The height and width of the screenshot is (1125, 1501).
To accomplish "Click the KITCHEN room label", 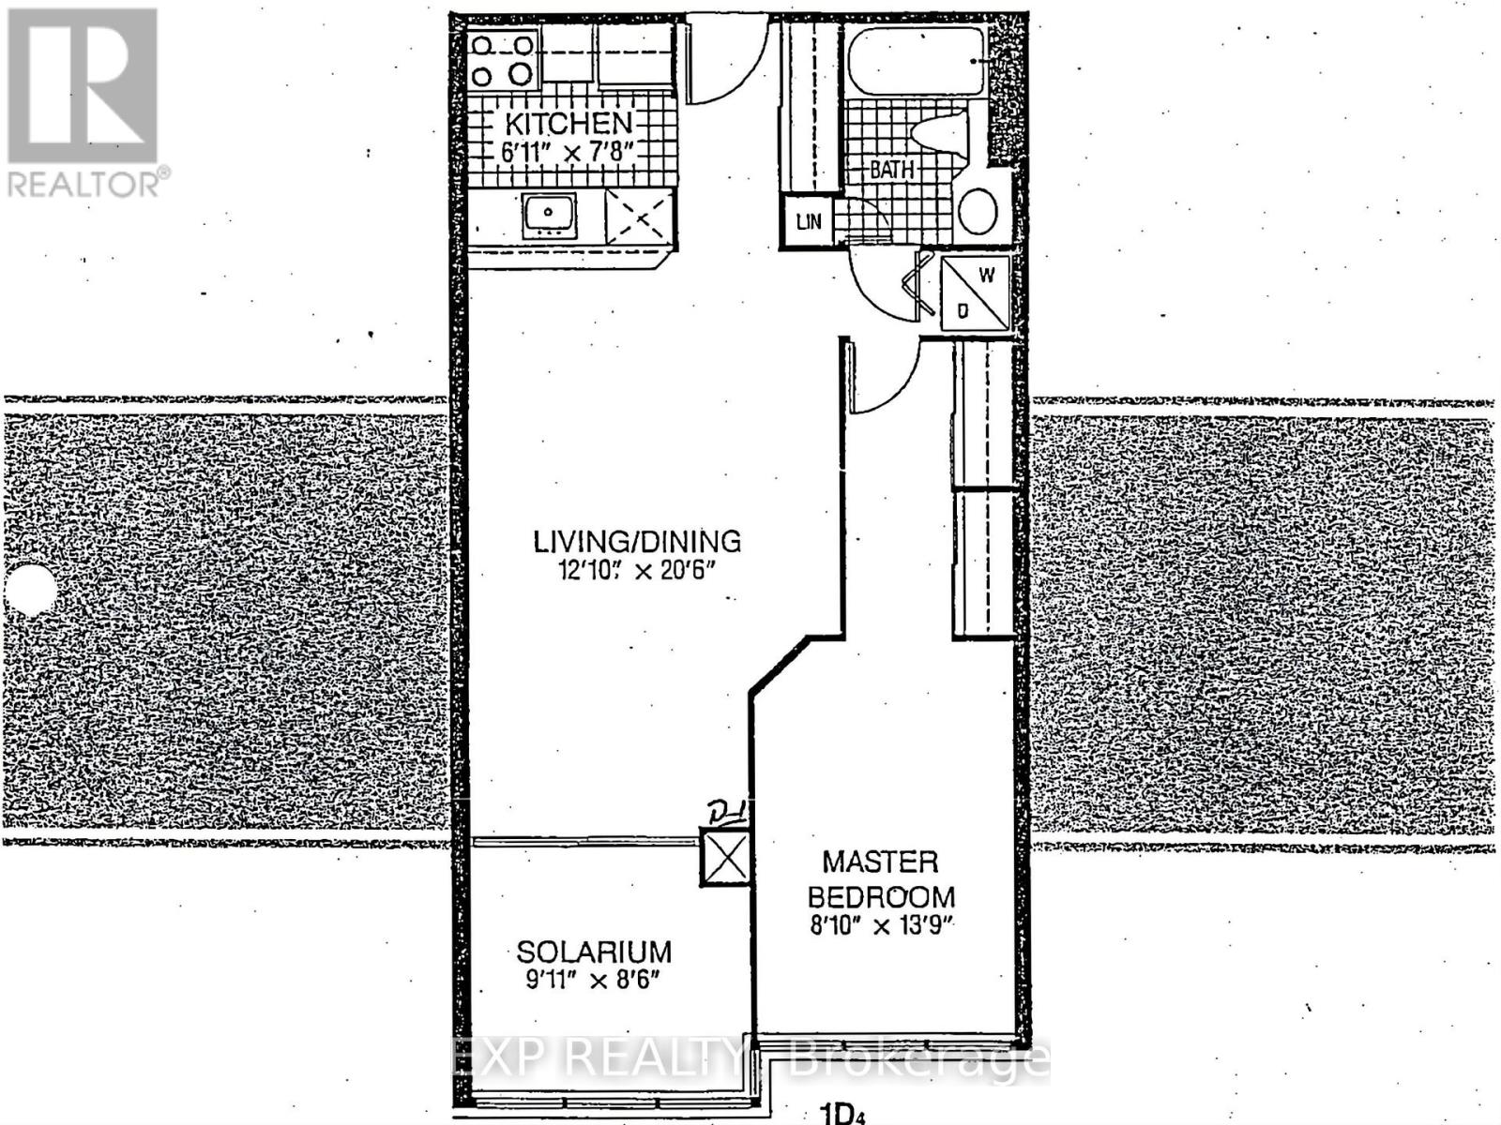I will click(x=569, y=123).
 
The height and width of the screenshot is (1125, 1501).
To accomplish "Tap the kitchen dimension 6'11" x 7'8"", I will click(x=569, y=152).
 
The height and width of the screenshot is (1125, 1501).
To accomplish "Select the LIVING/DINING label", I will click(x=637, y=541).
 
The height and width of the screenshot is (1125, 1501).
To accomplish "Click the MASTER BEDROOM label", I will click(x=880, y=878).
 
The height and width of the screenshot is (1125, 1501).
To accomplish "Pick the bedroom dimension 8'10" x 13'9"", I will click(x=880, y=925).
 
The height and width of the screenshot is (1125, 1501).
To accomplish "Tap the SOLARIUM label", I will click(x=594, y=952).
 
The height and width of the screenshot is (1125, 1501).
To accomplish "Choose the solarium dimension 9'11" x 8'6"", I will click(x=594, y=981).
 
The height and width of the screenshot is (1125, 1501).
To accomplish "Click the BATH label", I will click(x=891, y=170).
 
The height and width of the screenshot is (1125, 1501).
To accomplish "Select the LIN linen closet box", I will click(x=808, y=222).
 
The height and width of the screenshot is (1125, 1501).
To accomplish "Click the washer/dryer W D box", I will click(x=975, y=292).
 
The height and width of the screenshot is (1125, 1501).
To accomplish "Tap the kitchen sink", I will click(x=549, y=214).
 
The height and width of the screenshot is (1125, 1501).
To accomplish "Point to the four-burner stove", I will click(x=503, y=59).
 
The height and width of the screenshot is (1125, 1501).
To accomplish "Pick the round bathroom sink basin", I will click(x=978, y=210).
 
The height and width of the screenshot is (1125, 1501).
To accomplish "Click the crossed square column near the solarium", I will click(x=726, y=857).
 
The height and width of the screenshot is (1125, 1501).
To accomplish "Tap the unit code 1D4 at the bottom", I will click(x=841, y=1115).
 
